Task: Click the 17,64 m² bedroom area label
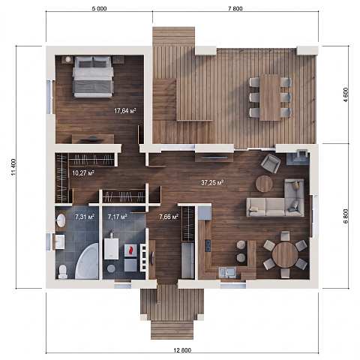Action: pos(125,111)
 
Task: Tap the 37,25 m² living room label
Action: pos(212,183)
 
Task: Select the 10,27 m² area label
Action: pos(83,173)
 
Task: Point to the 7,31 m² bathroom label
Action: pos(85,217)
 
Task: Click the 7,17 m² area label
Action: pos(118,217)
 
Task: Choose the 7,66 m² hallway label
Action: pos(169,217)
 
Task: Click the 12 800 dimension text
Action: pos(182,350)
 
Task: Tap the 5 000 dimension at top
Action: pos(99,9)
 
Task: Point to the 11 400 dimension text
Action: pos(13,167)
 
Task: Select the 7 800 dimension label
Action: pos(235,9)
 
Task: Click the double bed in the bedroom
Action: pos(93,76)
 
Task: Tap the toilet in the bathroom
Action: pos(62,271)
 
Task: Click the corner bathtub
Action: pos(88,261)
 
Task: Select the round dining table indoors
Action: pos(285,255)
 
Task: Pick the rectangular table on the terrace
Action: pos(270,97)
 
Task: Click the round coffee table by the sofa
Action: pos(264,184)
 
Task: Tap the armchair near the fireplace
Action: pos(271,163)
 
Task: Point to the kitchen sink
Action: pos(227,272)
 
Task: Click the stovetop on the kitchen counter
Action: pos(208,245)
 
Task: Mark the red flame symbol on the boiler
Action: pos(130,250)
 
